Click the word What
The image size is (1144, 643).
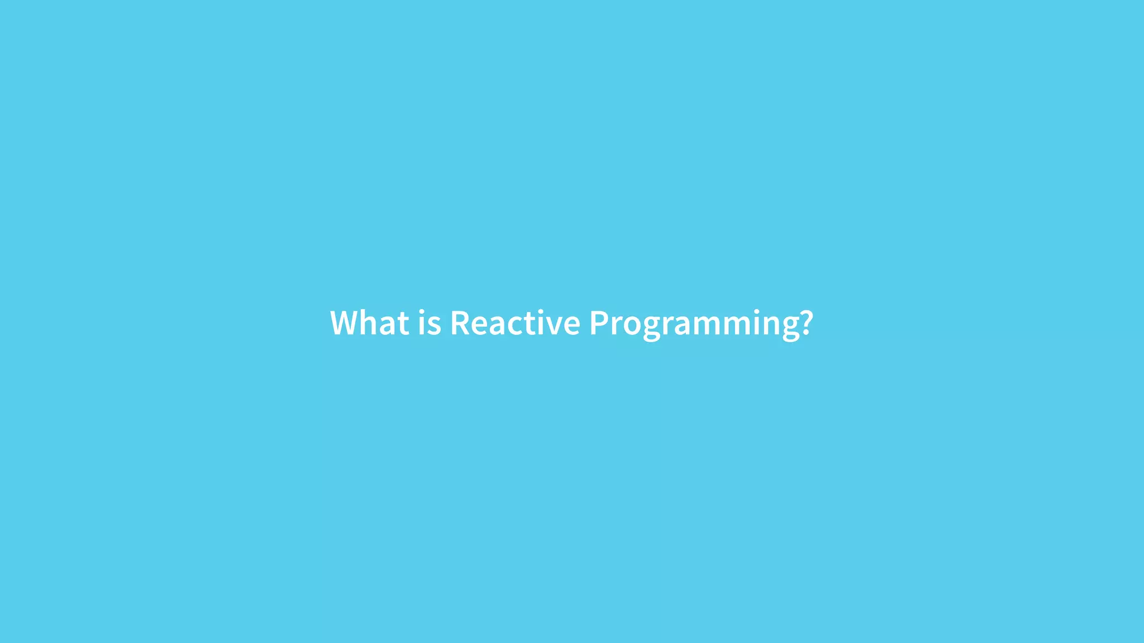click(x=369, y=323)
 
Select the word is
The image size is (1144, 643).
click(x=430, y=323)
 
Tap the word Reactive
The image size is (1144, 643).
click(x=515, y=323)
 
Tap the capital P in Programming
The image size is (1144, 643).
click(x=599, y=323)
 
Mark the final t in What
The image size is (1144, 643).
click(x=403, y=324)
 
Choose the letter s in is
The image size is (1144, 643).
click(x=435, y=326)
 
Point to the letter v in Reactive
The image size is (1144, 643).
click(x=554, y=326)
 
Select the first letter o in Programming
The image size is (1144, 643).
click(x=632, y=326)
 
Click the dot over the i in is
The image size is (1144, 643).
click(x=422, y=311)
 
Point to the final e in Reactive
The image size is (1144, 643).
click(x=571, y=326)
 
